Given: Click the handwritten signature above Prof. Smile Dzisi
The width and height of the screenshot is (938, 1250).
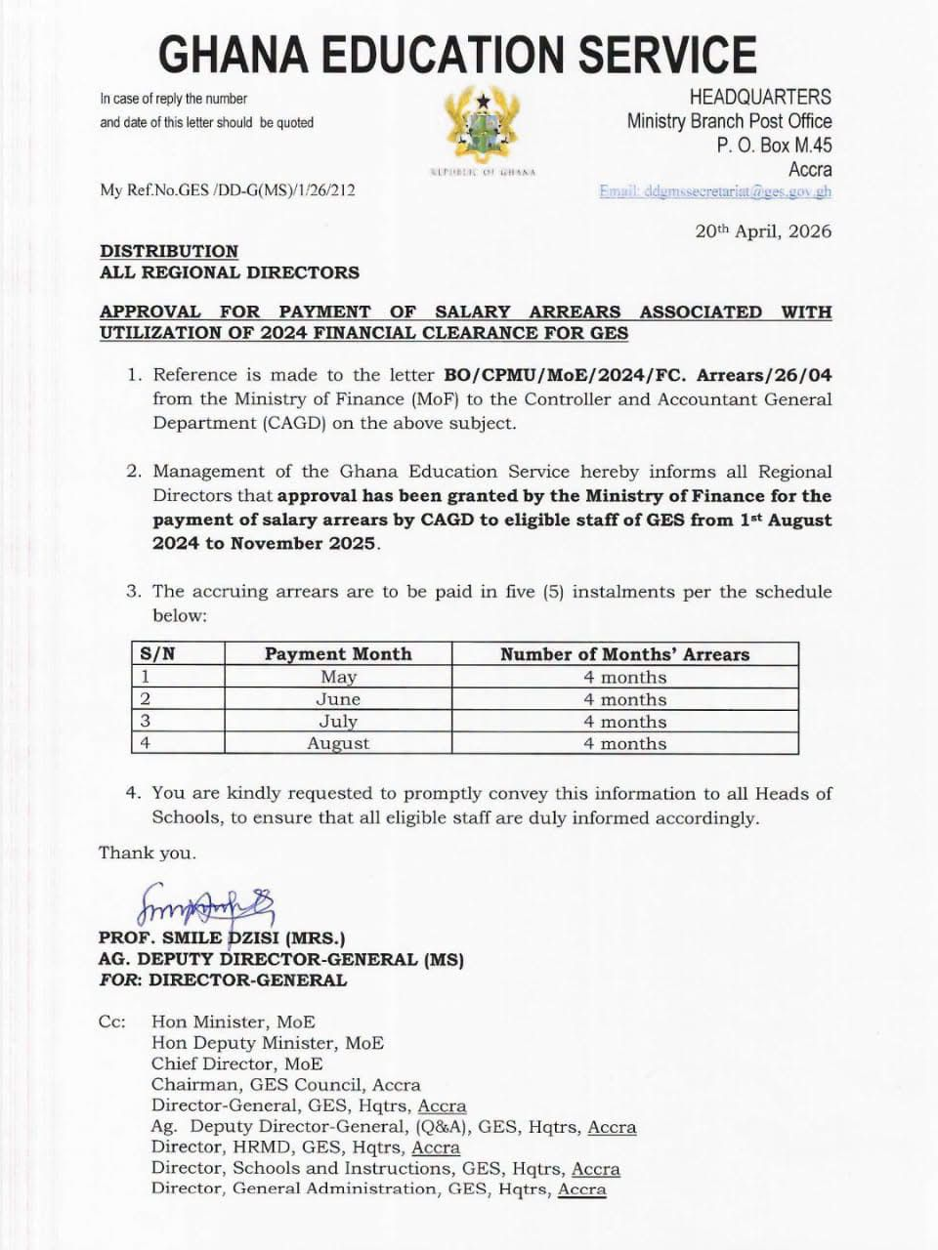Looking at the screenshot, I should pos(207,904).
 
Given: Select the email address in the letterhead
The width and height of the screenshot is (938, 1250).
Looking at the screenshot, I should pos(715,191).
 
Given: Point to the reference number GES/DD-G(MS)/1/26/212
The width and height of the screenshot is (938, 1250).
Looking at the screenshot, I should pos(228,190).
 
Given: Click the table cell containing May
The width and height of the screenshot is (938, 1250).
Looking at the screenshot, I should pos(338,677).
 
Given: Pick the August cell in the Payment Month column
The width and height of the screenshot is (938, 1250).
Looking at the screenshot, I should pos(338,743).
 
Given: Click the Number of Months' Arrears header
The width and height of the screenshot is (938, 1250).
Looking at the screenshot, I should pos(624,654).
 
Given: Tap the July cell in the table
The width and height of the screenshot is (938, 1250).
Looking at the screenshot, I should pos(338,722).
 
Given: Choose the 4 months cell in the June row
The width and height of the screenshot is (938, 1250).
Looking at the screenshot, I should pos(624,699).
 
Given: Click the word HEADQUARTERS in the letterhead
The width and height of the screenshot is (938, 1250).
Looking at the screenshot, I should pos(760,97).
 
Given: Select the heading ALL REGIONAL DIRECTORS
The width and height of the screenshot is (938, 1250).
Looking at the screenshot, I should pos(230,272).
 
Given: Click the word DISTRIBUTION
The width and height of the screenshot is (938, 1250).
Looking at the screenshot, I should pos(169,251).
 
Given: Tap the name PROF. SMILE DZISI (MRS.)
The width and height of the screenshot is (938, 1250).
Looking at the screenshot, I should pos(222,938).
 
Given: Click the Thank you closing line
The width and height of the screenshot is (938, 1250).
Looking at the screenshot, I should pos(148,853).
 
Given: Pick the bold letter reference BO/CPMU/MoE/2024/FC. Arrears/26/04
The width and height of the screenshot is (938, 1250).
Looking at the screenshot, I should pos(637,375).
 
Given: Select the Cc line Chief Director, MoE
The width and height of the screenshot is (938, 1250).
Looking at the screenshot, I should pos(236,1063).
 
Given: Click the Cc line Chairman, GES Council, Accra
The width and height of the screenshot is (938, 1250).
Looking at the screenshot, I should pos(285,1084).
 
